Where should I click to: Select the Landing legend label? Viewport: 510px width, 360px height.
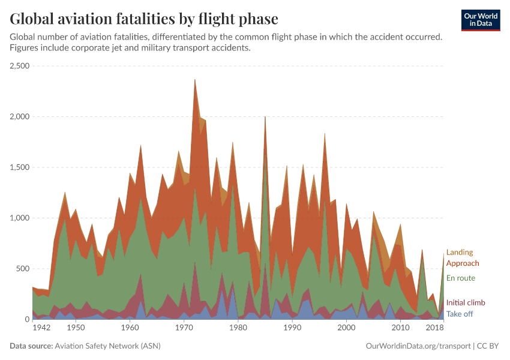pyautogui.click(x=459, y=253)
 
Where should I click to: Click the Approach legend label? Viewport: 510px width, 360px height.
pyautogui.click(x=463, y=263)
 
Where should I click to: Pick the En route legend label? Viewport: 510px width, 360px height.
pyautogui.click(x=460, y=278)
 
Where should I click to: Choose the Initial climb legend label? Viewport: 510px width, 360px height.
pyautogui.click(x=466, y=303)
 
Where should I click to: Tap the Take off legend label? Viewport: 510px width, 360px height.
pyautogui.click(x=459, y=314)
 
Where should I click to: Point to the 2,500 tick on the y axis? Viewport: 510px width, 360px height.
pyautogui.click(x=20, y=66)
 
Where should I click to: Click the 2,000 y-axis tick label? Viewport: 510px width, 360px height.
pyautogui.click(x=20, y=116)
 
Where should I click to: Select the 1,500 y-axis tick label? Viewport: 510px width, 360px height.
pyautogui.click(x=20, y=167)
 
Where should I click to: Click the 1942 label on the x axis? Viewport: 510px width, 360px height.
pyautogui.click(x=41, y=328)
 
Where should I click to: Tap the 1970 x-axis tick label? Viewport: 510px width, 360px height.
pyautogui.click(x=184, y=328)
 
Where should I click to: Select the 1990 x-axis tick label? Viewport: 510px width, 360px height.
pyautogui.click(x=292, y=328)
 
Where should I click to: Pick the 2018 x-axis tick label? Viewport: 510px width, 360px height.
pyautogui.click(x=435, y=328)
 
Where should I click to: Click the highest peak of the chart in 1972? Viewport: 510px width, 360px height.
pyautogui.click(x=195, y=80)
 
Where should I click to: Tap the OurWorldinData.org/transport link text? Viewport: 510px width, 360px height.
pyautogui.click(x=418, y=346)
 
